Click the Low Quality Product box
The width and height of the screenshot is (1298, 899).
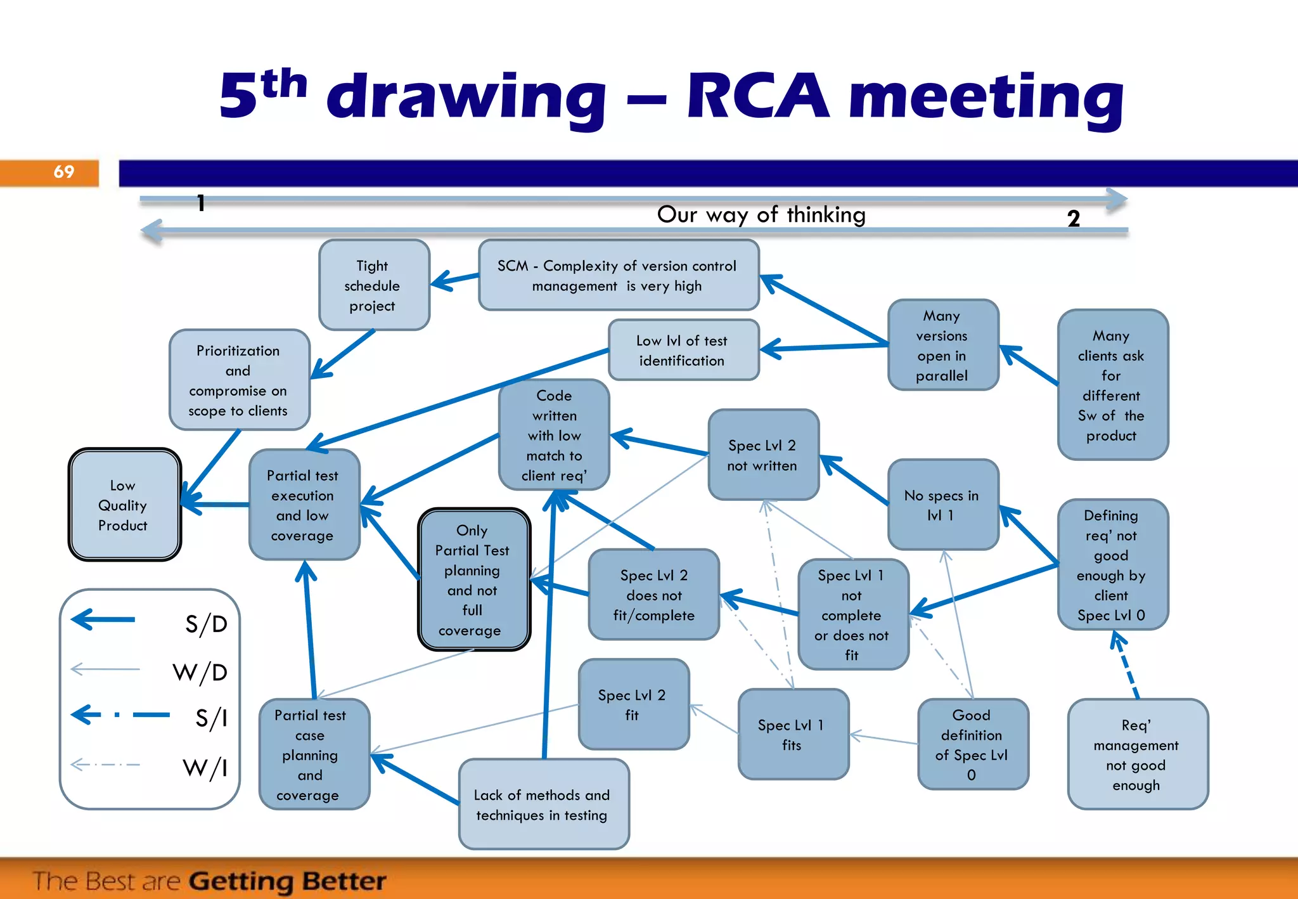tap(124, 505)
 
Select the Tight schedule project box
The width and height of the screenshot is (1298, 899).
tap(374, 285)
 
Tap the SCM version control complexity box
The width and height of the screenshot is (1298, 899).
tap(618, 275)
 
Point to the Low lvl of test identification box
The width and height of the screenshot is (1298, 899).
tap(683, 350)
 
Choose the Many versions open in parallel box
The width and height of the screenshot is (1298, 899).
tap(942, 345)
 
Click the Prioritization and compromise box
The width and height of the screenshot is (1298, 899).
tap(239, 380)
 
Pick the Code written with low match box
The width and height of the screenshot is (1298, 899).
tap(554, 435)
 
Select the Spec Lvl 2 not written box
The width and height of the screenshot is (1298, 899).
tap(763, 455)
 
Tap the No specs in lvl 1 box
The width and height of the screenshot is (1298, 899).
tap(942, 505)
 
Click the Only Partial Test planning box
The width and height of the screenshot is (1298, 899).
tap(473, 579)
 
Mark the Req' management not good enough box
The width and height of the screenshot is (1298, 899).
tap(1137, 754)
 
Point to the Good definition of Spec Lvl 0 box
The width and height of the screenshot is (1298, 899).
tap(972, 744)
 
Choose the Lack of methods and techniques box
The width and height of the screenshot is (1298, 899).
tap(543, 804)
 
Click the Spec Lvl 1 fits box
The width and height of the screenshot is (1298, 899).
tap(793, 734)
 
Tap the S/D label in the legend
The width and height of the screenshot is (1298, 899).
tap(206, 624)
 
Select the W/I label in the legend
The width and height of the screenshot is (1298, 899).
tap(205, 768)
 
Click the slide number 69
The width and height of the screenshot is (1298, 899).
tap(64, 172)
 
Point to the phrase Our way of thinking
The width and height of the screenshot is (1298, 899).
tap(761, 214)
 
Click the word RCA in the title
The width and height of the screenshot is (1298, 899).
tap(758, 96)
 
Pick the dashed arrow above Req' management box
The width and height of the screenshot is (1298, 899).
tap(1127, 666)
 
